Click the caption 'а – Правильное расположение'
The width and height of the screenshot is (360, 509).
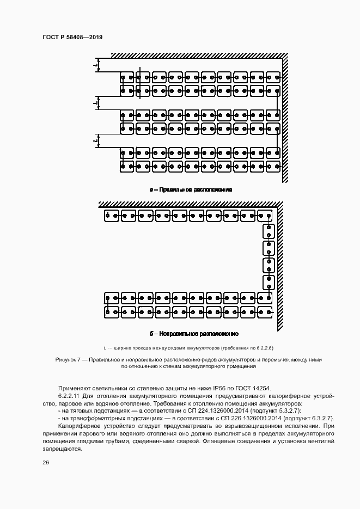coord(191,189)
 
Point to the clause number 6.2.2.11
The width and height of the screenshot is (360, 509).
coord(70,396)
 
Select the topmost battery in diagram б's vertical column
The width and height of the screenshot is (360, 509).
coord(269,231)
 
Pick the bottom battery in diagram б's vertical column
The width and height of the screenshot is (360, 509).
coord(269,283)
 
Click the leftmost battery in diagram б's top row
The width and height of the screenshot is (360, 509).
coord(111,216)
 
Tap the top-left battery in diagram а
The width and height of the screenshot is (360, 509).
coord(127,78)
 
